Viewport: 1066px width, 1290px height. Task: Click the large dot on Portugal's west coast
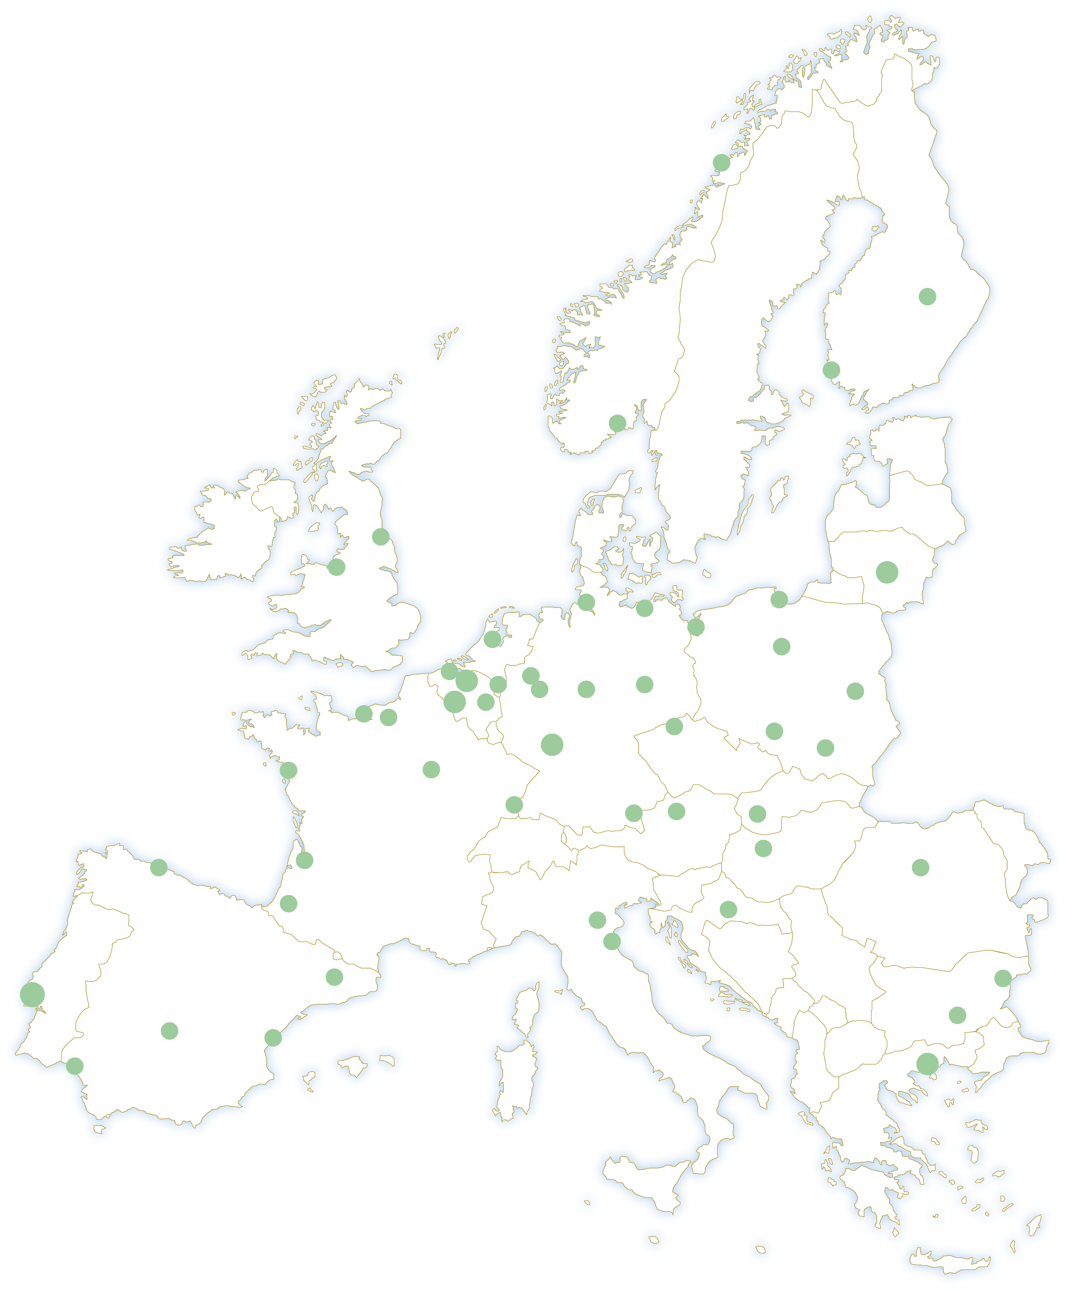click(x=32, y=994)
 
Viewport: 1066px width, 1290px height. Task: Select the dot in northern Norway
click(x=721, y=163)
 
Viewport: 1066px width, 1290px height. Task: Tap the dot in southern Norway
click(x=617, y=423)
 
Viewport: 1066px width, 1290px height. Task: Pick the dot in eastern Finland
click(x=927, y=296)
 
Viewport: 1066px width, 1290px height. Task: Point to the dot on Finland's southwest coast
click(x=831, y=370)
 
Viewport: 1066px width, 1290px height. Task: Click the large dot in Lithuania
click(x=887, y=572)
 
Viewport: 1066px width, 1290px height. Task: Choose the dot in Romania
click(x=920, y=867)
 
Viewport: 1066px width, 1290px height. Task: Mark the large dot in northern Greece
click(x=927, y=1063)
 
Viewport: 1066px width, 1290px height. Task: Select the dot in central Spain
click(x=170, y=1031)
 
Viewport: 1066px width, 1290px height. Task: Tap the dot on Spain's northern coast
click(x=159, y=867)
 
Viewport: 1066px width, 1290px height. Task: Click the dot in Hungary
click(x=763, y=848)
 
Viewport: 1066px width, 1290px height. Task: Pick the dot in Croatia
click(x=728, y=909)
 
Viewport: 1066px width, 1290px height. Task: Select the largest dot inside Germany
click(x=552, y=744)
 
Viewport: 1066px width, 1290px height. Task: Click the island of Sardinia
click(x=516, y=1083)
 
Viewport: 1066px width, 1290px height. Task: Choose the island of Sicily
click(x=645, y=1182)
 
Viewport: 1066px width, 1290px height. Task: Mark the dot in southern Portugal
click(x=75, y=1066)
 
